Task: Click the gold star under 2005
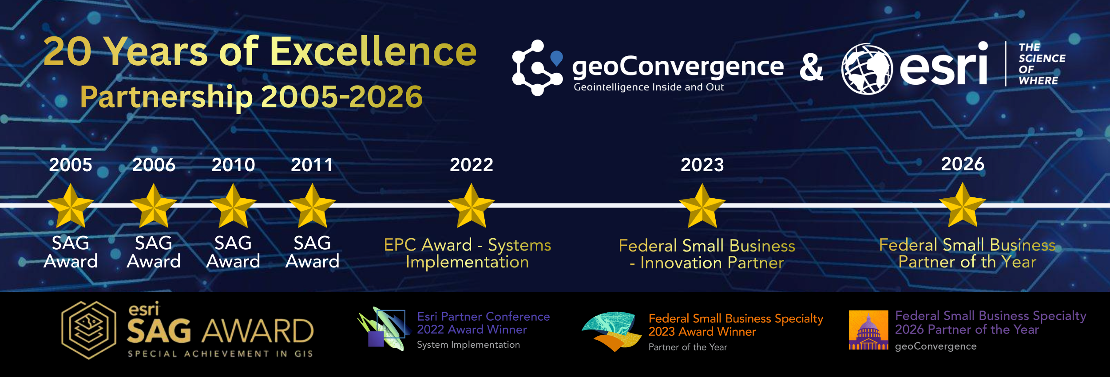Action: (71, 206)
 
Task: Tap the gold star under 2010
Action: (233, 206)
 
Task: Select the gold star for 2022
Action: (472, 206)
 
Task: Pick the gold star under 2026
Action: (963, 205)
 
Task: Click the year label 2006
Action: (154, 165)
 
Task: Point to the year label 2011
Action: (312, 165)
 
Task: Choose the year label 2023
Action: (702, 165)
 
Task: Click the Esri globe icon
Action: (867, 69)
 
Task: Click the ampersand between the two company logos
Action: (811, 67)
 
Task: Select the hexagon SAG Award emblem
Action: (89, 330)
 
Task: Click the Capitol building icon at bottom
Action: (868, 330)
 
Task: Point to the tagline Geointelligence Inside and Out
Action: (649, 87)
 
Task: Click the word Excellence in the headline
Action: (373, 51)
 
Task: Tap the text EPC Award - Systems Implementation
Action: (468, 253)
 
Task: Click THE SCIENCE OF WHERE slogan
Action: (1042, 64)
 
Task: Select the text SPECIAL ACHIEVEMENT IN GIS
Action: (220, 353)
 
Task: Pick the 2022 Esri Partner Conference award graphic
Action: (382, 329)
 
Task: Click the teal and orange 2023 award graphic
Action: (612, 331)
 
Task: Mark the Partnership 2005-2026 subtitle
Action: (251, 96)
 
